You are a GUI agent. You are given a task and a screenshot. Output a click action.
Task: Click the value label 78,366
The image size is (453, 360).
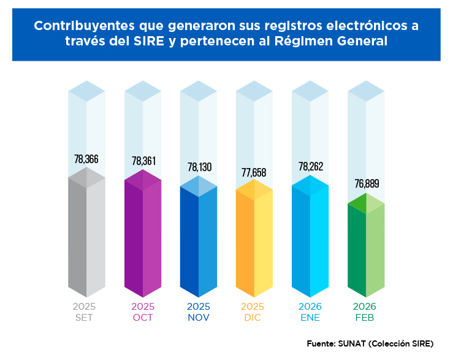86,159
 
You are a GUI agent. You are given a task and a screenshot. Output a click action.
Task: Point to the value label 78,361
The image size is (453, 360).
144,161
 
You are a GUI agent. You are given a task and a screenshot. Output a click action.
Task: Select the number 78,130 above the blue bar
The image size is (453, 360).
200,167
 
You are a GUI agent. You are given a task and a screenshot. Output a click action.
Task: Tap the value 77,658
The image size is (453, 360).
254,172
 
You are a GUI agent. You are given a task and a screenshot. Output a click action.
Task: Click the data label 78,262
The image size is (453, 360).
311,167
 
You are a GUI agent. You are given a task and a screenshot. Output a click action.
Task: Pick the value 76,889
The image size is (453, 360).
367,183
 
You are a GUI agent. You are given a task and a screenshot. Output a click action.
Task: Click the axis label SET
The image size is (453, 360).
84,318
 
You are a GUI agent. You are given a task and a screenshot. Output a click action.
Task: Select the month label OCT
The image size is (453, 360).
143,318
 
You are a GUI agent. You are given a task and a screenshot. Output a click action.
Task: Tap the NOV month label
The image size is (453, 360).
199,318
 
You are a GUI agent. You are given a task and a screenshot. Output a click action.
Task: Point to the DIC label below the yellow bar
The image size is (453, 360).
253,318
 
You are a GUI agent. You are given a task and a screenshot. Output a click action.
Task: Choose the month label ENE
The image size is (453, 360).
310,318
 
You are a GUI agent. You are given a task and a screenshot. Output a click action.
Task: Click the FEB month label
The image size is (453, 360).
365,318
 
